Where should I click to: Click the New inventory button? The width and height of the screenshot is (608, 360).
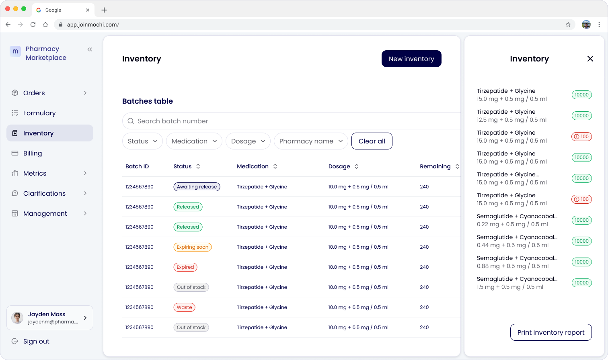(411, 59)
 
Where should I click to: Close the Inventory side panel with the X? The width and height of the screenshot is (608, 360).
(590, 59)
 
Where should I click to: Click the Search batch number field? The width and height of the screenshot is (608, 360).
(291, 121)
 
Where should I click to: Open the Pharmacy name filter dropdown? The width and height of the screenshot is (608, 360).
(311, 141)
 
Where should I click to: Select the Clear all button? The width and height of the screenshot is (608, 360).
(372, 141)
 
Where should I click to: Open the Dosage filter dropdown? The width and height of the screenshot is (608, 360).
(248, 141)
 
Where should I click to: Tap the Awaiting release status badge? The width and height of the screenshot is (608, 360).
(197, 187)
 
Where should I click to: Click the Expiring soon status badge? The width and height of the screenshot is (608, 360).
(193, 247)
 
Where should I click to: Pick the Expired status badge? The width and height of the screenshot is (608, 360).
(185, 267)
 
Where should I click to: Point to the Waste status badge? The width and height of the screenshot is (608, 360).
(184, 307)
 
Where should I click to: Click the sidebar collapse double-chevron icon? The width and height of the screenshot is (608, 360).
(90, 49)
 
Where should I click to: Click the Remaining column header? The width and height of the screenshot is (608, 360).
(435, 166)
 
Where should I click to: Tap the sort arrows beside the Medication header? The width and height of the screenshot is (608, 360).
(275, 166)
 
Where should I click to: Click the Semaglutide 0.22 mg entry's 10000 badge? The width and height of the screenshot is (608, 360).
(581, 220)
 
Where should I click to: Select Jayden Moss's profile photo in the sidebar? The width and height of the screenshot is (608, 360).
(17, 318)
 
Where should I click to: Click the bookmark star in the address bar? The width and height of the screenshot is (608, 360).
(568, 25)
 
